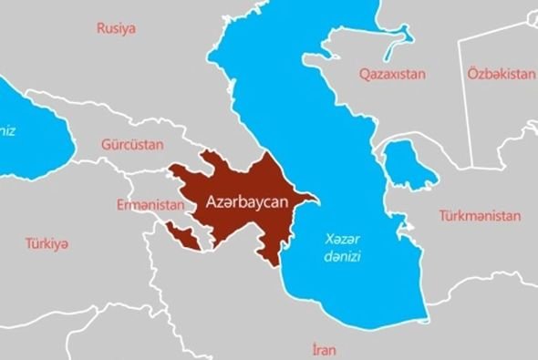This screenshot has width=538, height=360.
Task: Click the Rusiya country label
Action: [116, 28]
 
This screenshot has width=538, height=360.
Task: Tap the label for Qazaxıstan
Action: [394, 73]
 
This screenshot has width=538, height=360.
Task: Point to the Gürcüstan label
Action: [131, 145]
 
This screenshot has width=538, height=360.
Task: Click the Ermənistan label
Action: [150, 205]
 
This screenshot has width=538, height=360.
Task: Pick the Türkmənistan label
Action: [480, 216]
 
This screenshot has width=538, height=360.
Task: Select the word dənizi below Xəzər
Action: [344, 257]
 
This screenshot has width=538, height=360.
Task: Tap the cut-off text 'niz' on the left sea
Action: [8, 130]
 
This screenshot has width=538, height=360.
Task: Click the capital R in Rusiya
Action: [100, 28]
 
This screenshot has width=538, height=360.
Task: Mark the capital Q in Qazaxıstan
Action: [364, 73]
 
